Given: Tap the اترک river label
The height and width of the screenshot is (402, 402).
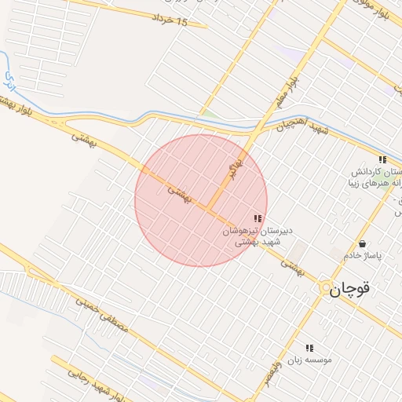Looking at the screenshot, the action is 10,81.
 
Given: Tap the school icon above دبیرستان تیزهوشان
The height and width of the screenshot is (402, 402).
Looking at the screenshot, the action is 257,218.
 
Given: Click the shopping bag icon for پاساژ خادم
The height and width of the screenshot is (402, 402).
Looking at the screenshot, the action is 362,243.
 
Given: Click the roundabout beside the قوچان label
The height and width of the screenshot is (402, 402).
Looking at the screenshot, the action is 324,290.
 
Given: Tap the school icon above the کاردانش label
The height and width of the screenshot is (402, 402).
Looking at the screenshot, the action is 382,159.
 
